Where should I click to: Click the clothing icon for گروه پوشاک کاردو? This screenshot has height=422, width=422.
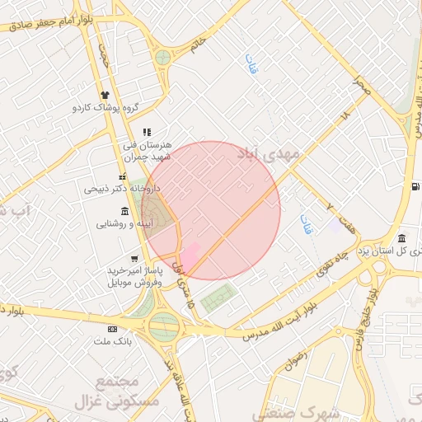(105, 95)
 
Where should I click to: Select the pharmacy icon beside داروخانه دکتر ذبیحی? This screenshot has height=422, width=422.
(123, 176)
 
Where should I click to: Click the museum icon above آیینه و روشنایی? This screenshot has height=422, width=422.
(124, 210)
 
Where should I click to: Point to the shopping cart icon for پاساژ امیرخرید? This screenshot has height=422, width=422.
(134, 259)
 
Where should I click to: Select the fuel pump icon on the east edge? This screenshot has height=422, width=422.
(413, 185)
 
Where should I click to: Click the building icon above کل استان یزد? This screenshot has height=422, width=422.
(401, 239)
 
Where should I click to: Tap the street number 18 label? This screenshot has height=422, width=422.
(345, 119)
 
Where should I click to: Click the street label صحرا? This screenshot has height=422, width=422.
(358, 82)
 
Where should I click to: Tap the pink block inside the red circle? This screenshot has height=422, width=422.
(189, 255)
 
